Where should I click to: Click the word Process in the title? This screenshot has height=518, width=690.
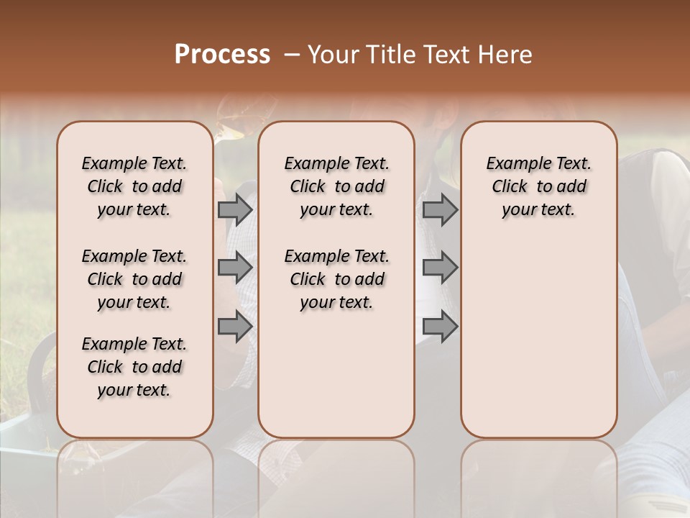222,55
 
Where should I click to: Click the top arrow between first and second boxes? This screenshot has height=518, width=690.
234,209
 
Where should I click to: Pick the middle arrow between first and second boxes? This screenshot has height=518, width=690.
234,268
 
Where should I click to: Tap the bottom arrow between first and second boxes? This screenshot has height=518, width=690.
234,326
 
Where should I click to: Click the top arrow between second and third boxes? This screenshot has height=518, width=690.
440,209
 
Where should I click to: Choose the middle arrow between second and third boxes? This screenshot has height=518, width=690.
440,268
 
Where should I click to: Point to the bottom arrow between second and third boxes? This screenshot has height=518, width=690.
440,326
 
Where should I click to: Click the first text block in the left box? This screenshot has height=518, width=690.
134,186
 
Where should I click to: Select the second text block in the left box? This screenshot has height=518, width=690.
134,279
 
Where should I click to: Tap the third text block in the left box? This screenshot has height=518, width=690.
134,367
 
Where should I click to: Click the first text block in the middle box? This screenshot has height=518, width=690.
336,186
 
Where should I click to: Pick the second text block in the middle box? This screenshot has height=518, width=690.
336,279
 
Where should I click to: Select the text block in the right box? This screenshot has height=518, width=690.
538,186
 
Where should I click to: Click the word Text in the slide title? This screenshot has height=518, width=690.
446,55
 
